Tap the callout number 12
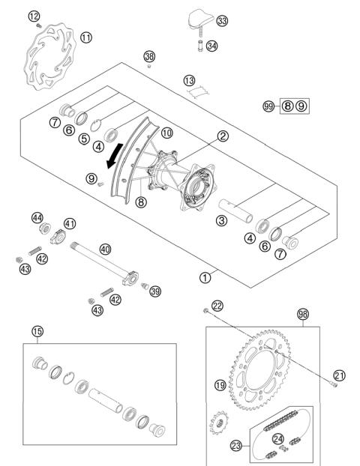click(34, 16)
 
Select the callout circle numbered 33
click(222, 21)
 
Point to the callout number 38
click(149, 56)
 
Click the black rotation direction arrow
click(115, 156)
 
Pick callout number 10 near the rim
click(167, 133)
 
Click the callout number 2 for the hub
click(223, 136)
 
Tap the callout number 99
click(268, 106)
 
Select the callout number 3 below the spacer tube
click(222, 220)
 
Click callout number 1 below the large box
click(205, 278)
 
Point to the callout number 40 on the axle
click(105, 249)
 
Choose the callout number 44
click(37, 218)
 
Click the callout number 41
click(70, 224)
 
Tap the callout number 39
click(155, 291)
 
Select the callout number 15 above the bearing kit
click(37, 331)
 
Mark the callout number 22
click(217, 306)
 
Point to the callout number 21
click(340, 375)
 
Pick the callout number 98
click(303, 314)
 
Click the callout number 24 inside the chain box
click(278, 439)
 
